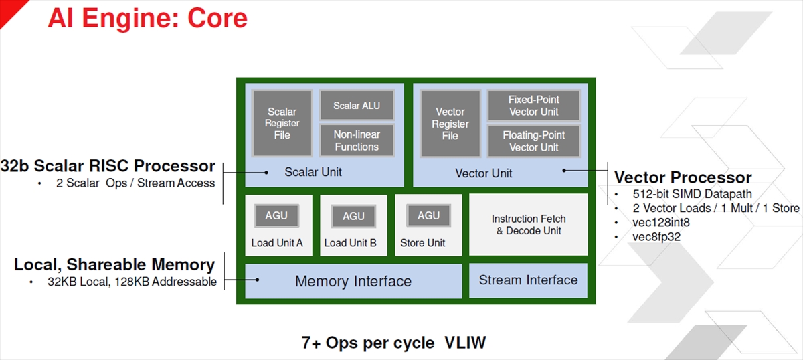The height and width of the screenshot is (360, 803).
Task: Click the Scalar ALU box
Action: coord(357,105)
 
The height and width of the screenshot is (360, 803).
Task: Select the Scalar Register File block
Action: coord(282,123)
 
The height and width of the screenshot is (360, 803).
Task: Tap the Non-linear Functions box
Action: coord(357,141)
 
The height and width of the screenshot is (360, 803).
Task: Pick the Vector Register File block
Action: coord(450,123)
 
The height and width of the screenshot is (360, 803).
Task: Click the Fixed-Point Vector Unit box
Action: coord(534,106)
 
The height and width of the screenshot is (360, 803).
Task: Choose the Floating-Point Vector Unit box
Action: coord(534,141)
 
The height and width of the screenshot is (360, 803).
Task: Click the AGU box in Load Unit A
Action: coord(276,215)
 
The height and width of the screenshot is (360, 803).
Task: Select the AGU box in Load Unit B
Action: coord(353,216)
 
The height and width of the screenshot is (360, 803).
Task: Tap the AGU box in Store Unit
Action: coord(428,215)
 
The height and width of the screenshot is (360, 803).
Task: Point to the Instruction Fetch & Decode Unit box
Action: coord(529,225)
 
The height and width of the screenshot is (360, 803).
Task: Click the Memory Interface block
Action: coord(353,281)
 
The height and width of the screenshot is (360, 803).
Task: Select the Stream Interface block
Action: coord(529,280)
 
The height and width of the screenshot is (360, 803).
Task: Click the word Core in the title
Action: coord(217,18)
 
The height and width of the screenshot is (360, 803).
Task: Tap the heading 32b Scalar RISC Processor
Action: coord(108,166)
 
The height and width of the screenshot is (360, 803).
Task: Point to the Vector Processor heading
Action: coord(683,177)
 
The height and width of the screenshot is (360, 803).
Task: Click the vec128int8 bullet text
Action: coord(661,222)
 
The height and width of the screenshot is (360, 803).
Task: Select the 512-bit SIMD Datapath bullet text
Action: coord(692,194)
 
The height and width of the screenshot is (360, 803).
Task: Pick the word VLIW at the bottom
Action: coord(465,343)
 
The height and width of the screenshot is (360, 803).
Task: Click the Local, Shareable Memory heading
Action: coord(114,264)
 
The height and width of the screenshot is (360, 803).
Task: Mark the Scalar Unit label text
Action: coord(313,172)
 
